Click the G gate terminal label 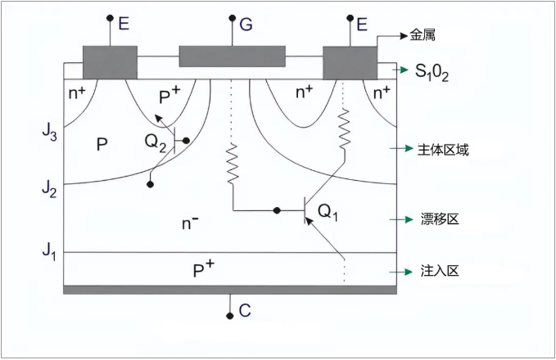tap(246, 24)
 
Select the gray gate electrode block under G tap(232, 56)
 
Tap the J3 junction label tap(48, 130)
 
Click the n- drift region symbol tap(189, 222)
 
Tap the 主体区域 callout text tap(443, 150)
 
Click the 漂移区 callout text tap(436, 220)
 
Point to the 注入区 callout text tap(436, 271)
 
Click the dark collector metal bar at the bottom tap(230, 289)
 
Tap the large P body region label tap(102, 145)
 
